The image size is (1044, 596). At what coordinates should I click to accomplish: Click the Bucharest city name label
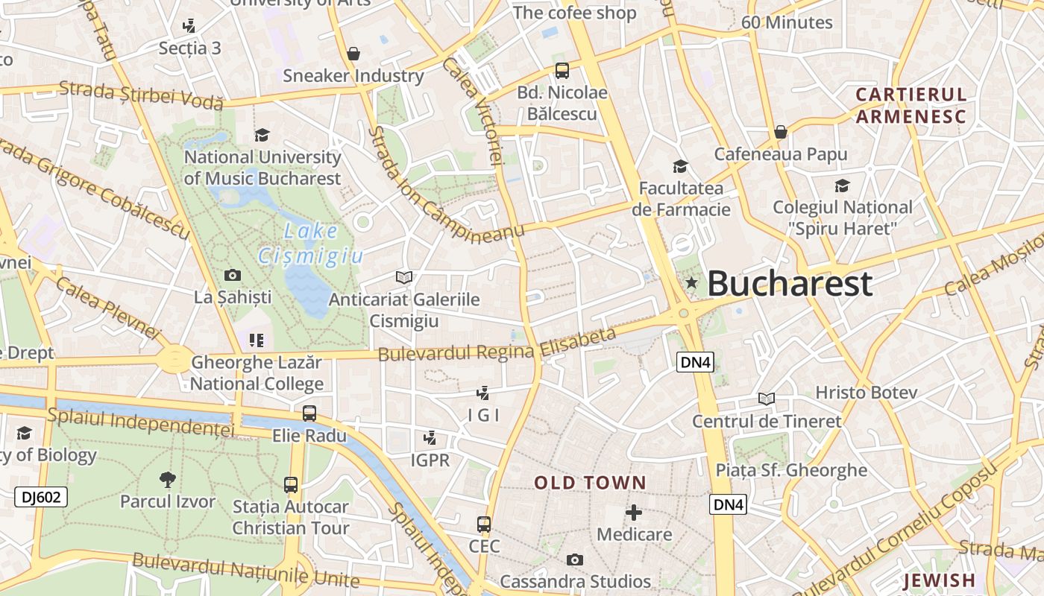click(789, 284)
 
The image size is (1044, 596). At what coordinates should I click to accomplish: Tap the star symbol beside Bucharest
click(691, 282)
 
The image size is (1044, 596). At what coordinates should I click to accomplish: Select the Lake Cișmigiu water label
click(310, 244)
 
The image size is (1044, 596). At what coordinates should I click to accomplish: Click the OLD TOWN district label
click(590, 483)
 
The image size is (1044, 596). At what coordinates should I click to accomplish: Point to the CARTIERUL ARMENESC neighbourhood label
click(911, 105)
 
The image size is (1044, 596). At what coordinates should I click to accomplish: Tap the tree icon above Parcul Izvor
click(168, 479)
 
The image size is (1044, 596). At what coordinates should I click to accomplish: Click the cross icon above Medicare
click(634, 513)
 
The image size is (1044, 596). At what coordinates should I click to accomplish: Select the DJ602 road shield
click(41, 497)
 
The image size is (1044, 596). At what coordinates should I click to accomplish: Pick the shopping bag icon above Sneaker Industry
click(353, 54)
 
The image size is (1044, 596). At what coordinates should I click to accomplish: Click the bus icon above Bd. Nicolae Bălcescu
click(562, 71)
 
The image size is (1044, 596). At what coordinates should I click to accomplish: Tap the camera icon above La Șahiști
click(233, 275)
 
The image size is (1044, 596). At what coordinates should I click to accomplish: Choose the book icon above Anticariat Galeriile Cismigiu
click(404, 277)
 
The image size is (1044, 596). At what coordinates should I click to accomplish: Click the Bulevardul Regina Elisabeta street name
click(497, 345)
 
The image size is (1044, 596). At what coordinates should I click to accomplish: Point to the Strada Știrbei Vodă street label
click(141, 94)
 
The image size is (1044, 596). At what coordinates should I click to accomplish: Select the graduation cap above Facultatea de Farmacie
click(680, 165)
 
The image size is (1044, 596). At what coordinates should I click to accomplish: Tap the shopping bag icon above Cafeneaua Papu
click(781, 132)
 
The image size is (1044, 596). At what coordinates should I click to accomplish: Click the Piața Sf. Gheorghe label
click(791, 470)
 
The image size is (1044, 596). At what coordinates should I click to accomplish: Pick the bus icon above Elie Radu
click(309, 413)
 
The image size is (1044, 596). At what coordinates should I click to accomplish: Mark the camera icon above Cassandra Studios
click(574, 559)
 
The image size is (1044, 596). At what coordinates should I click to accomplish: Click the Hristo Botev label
click(866, 392)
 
